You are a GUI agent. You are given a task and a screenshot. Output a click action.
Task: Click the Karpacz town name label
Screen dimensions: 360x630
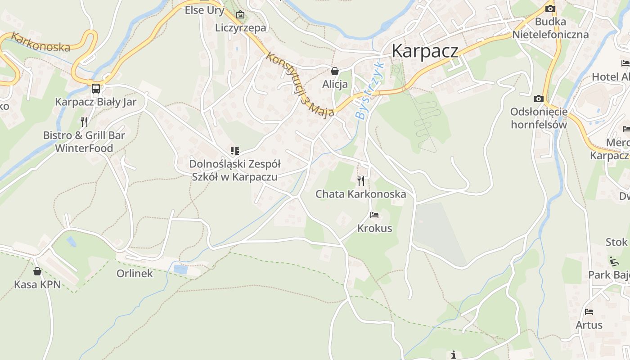pos(425,51)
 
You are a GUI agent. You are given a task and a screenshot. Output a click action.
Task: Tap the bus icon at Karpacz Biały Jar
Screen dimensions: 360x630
pos(96,88)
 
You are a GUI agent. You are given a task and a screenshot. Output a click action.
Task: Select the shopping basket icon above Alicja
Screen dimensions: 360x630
pos(335,71)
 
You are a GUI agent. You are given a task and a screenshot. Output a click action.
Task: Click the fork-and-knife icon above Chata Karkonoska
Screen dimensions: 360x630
pos(361,181)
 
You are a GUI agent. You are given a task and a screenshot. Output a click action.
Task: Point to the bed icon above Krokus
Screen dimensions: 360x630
pos(374,215)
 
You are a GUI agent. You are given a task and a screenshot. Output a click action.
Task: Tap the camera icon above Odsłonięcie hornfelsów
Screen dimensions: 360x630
pos(539,99)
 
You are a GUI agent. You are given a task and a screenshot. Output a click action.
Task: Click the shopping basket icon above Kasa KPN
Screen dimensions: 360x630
pos(37,271)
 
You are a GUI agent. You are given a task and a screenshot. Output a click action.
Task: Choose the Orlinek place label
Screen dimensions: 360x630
pos(135,274)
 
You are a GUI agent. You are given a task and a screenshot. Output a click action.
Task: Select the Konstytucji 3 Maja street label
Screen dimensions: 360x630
pos(300,85)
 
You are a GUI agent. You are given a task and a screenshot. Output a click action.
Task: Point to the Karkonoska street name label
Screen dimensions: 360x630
pos(40,42)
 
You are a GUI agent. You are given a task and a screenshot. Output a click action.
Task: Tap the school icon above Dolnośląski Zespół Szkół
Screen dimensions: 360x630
pos(234,151)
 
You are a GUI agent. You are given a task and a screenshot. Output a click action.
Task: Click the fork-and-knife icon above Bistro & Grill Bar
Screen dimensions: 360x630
pos(84,121)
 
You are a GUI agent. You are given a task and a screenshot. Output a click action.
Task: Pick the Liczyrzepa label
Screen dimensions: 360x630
pos(240,27)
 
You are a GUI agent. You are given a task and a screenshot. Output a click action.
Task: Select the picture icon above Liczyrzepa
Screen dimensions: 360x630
pos(240,15)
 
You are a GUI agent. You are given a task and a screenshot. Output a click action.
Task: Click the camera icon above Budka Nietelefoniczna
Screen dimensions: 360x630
pos(550,9)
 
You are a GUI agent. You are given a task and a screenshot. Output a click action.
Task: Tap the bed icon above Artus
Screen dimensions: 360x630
pos(589,311)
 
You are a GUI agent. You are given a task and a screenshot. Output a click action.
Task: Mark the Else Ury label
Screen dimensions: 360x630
pos(204,10)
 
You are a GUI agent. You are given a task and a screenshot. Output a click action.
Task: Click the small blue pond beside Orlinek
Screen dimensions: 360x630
pos(181,269)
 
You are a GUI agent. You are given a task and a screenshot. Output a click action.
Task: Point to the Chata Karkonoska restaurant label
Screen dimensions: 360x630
pos(361,194)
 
